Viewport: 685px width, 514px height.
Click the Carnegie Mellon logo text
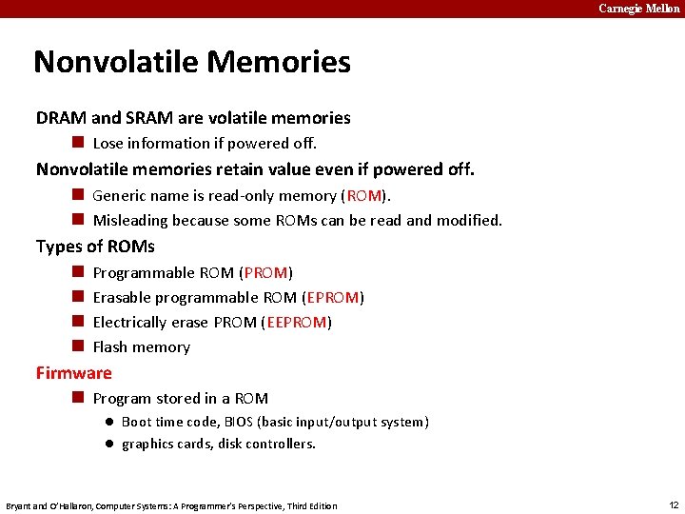pyautogui.click(x=638, y=9)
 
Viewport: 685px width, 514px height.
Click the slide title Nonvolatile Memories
pyautogui.click(x=192, y=63)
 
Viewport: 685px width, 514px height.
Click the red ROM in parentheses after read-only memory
pyautogui.click(x=364, y=195)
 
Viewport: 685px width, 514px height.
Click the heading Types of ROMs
pyautogui.click(x=95, y=247)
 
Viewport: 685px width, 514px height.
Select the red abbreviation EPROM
pyautogui.click(x=333, y=298)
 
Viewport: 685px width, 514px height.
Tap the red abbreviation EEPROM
pyautogui.click(x=297, y=323)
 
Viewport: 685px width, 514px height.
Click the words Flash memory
pyautogui.click(x=141, y=347)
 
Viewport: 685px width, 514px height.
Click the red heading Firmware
pyautogui.click(x=74, y=373)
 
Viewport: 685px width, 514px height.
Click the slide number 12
pyautogui.click(x=673, y=504)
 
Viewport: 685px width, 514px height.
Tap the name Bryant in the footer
pyautogui.click(x=19, y=505)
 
